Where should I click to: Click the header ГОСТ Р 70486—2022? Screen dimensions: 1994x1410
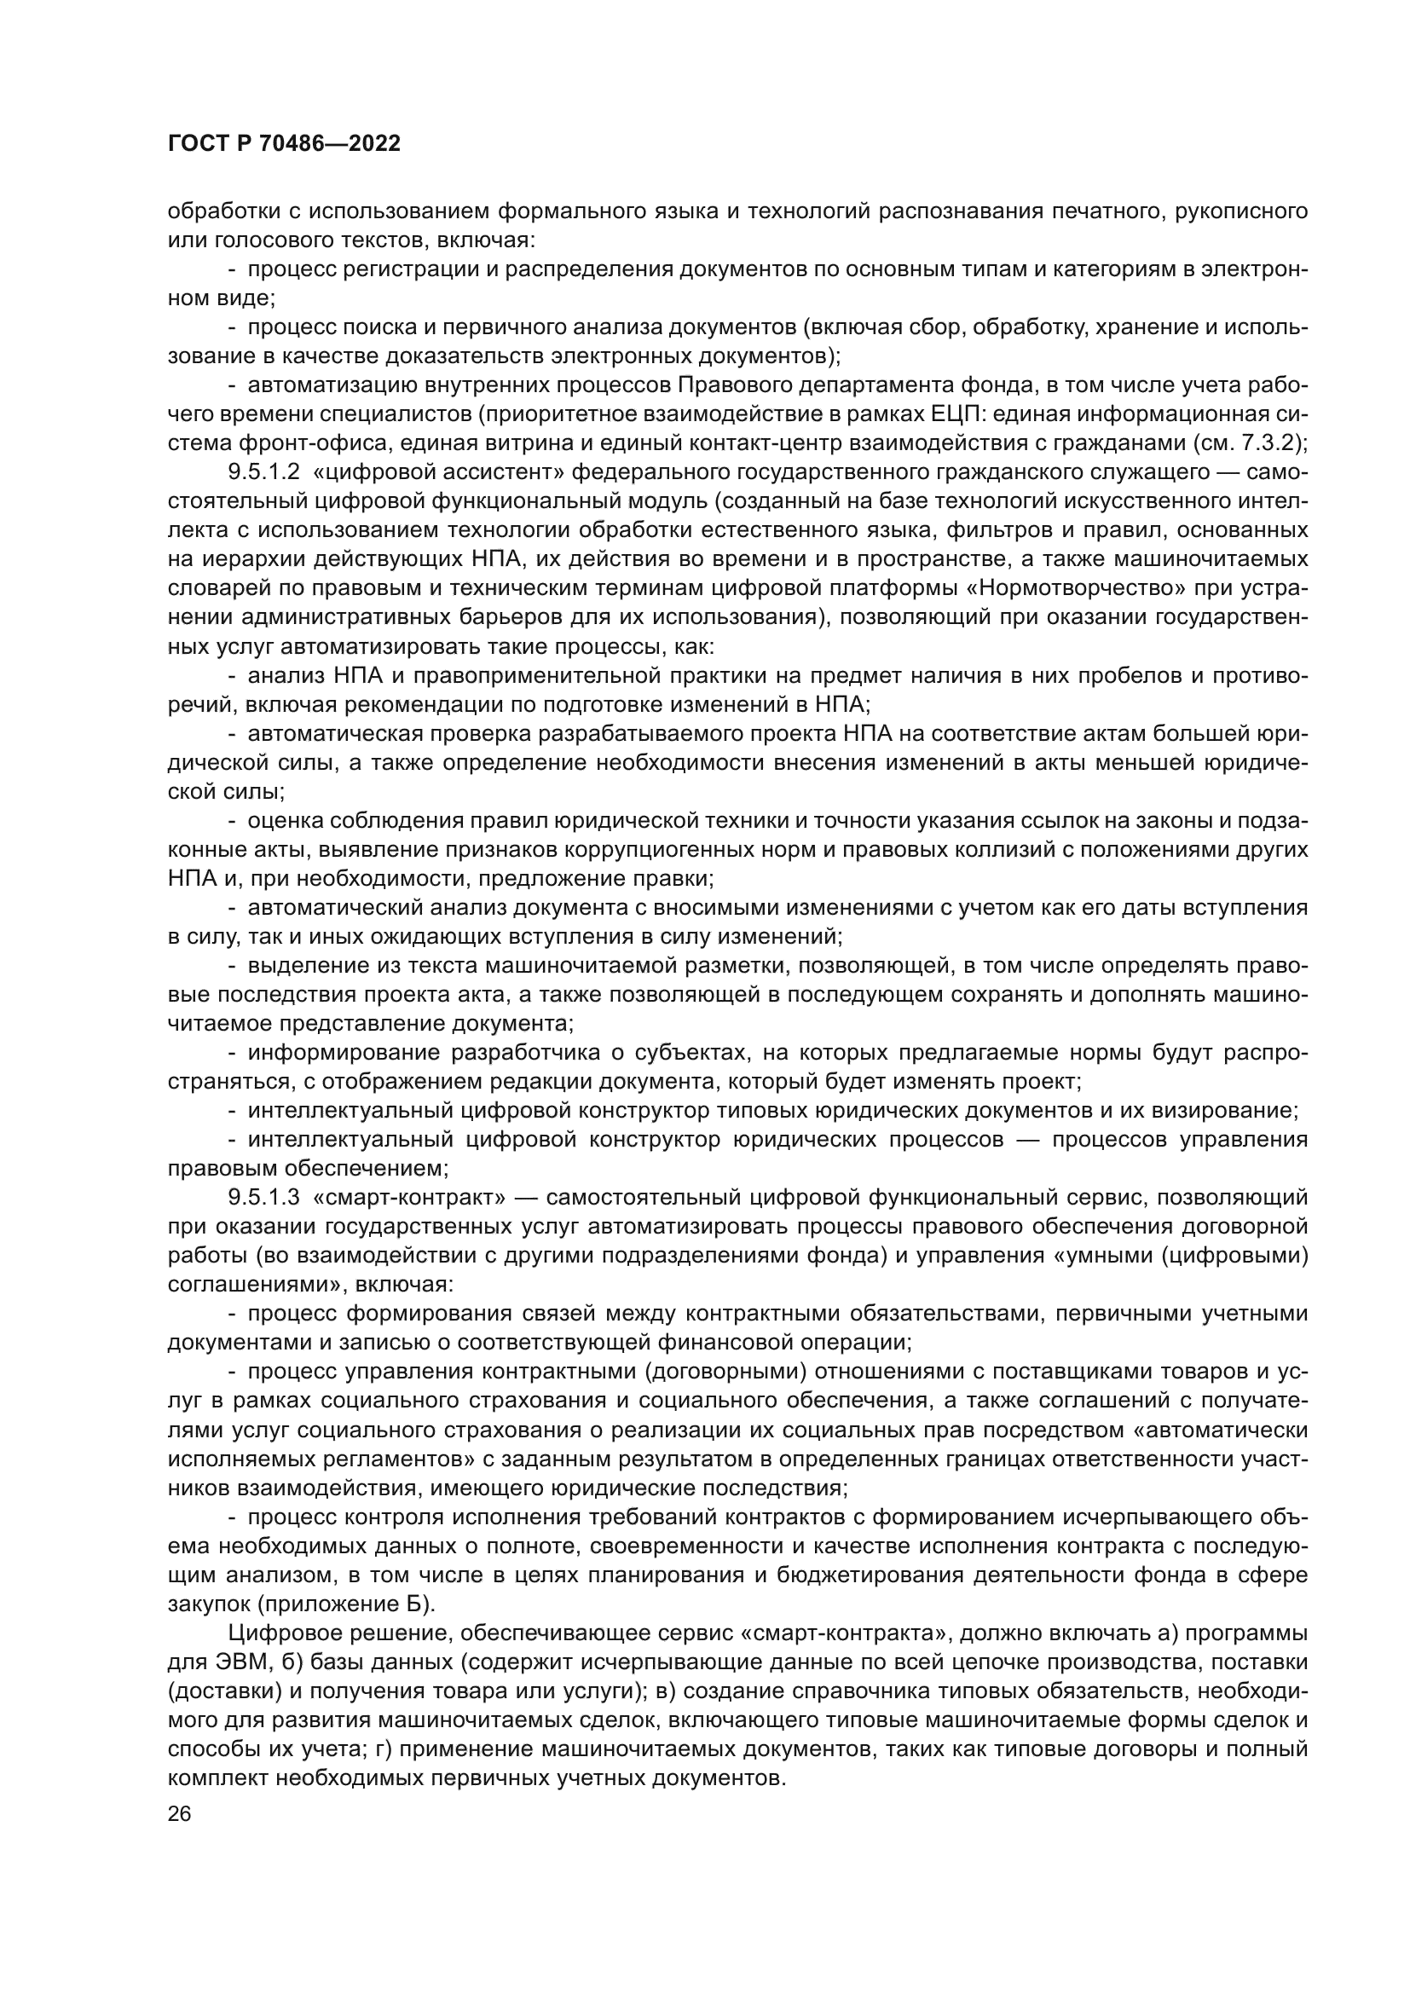284,144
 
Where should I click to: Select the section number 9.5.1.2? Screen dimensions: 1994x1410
264,472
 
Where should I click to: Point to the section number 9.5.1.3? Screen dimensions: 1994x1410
264,1198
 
